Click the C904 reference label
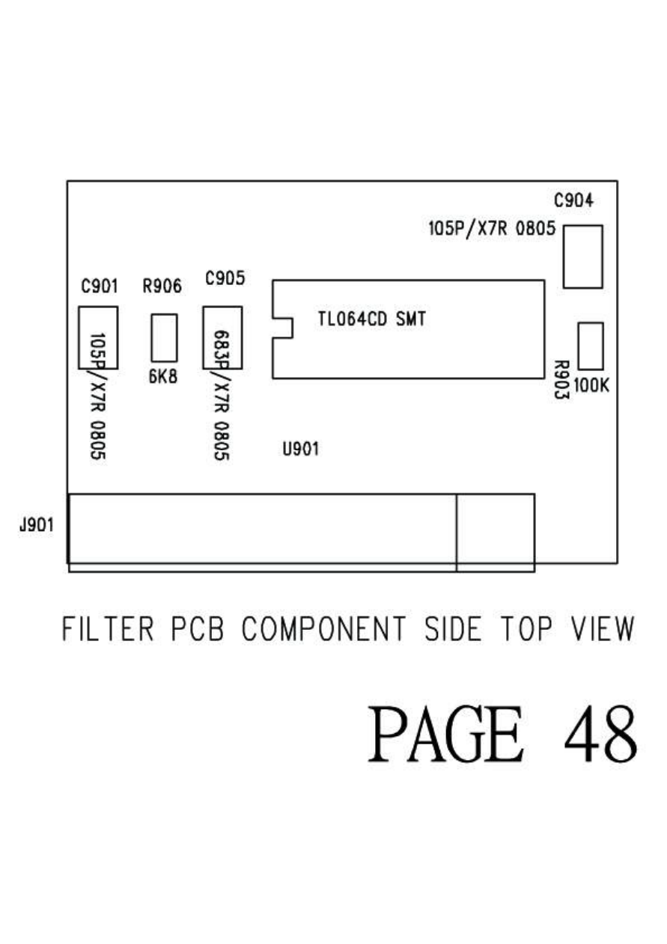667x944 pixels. click(573, 200)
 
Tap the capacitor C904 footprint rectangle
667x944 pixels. click(582, 257)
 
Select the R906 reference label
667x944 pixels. click(162, 286)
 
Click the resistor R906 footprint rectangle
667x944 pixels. click(164, 338)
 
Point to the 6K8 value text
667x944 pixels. click(162, 377)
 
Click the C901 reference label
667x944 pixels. click(99, 286)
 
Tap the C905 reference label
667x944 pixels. click(225, 279)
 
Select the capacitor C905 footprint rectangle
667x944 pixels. click(222, 337)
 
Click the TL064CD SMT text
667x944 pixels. click(371, 320)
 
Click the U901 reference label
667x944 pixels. click(301, 450)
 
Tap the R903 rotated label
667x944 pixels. click(560, 378)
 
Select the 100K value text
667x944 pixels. click(592, 386)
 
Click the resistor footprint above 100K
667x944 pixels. click(591, 346)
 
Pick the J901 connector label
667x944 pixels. click(36, 525)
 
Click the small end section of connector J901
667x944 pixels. click(495, 532)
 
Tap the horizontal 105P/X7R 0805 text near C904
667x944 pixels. click(492, 229)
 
